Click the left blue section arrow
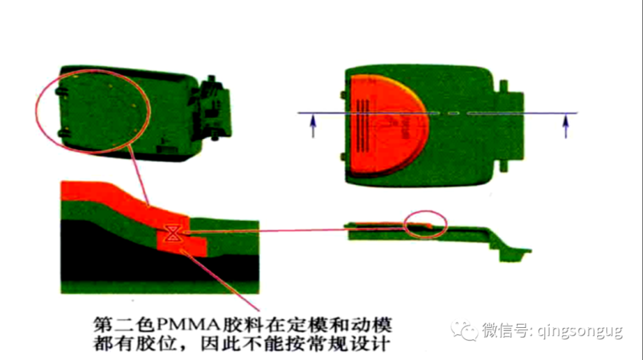tap(313, 126)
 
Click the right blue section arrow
tap(566, 126)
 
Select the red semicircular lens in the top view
tap(390, 125)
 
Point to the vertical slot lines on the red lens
tap(362, 125)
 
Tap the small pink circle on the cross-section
tap(425, 225)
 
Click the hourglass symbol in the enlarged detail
tap(172, 233)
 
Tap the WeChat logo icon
tap(465, 330)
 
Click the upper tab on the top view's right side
tap(504, 86)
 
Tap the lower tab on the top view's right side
tap(504, 166)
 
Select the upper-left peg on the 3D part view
tap(62, 91)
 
